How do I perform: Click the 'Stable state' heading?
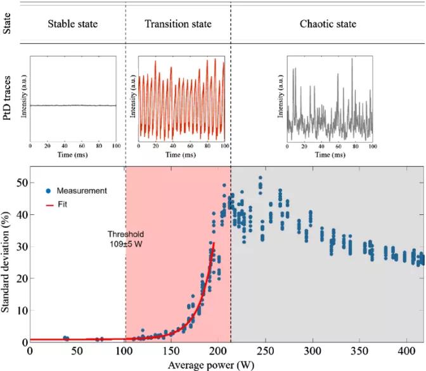(x=73, y=24)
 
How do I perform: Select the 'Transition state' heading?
(x=178, y=24)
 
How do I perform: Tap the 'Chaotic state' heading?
(x=328, y=24)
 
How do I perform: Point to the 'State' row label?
(x=9, y=25)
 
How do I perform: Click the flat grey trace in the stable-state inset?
(x=74, y=105)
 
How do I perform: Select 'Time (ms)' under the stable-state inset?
(x=74, y=154)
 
